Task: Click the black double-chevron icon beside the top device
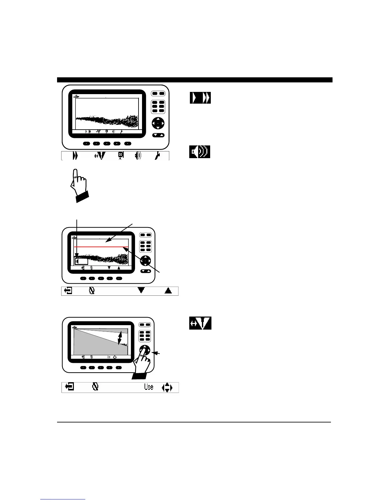200,98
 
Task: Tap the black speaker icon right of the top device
200,152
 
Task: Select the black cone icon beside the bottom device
200,323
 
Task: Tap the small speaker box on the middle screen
81,261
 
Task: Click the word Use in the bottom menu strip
149,387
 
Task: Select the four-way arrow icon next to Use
167,387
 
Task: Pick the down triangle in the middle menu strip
141,290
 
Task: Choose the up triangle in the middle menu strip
168,290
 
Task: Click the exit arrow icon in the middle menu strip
68,290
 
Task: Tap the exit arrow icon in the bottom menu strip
69,387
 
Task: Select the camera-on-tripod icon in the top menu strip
121,156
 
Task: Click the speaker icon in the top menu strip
138,156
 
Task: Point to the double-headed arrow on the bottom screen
120,338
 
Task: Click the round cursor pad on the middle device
145,261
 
